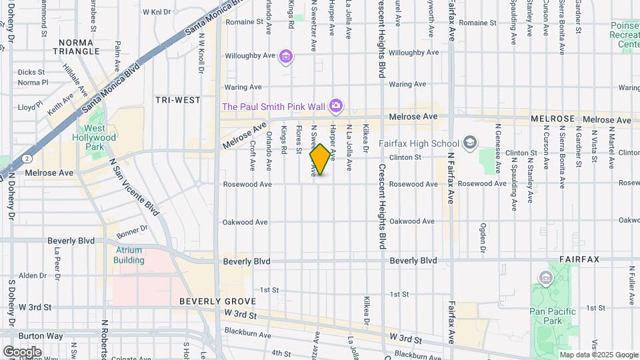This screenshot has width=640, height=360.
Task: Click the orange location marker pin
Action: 320,159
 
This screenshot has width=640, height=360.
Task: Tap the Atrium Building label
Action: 129,255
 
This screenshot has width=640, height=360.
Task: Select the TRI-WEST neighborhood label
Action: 178,100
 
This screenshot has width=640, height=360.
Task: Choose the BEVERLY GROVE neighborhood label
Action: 209,301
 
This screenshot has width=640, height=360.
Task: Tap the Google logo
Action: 22,351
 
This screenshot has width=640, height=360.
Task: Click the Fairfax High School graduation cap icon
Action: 470,142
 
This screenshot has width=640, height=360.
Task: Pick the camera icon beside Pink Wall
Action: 337,106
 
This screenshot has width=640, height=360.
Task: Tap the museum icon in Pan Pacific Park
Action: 545,277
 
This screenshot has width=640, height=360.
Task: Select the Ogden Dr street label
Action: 482,235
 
